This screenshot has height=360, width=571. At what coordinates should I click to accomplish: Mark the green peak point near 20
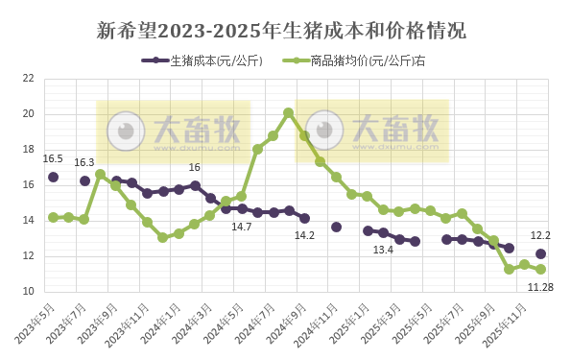pyautogui.click(x=288, y=112)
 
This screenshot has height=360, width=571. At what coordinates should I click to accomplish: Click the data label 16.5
pyautogui.click(x=53, y=159)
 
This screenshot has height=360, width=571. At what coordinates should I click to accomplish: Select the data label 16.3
pyautogui.click(x=84, y=162)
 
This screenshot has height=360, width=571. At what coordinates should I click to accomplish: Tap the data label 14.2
pyautogui.click(x=304, y=235)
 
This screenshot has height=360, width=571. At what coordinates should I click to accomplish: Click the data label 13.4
pyautogui.click(x=383, y=250)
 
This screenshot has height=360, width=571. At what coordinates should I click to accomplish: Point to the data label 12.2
pyautogui.click(x=540, y=235)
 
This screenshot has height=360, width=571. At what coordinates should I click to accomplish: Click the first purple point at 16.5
pyautogui.click(x=53, y=177)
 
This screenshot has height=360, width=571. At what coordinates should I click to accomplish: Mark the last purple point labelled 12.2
pyautogui.click(x=540, y=253)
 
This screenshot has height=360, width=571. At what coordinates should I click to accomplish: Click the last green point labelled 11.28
pyautogui.click(x=540, y=270)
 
